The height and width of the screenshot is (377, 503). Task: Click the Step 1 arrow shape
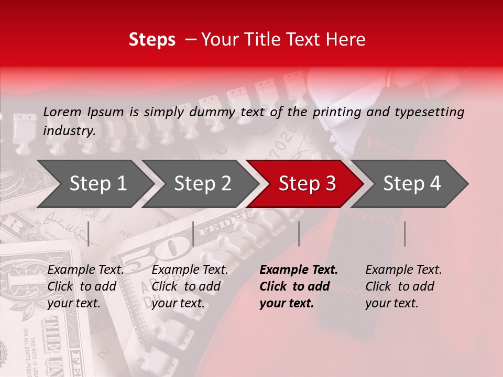[x=97, y=184]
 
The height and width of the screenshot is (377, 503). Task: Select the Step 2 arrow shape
[x=202, y=184]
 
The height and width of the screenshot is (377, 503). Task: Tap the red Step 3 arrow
[x=307, y=184]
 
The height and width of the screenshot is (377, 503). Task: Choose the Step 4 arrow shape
[x=411, y=184]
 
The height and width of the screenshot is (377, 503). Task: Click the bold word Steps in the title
[x=152, y=40]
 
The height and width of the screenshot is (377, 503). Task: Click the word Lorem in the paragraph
[x=62, y=112]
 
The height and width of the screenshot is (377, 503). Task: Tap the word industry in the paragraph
[x=69, y=130]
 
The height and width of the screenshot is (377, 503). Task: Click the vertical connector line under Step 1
[x=89, y=234]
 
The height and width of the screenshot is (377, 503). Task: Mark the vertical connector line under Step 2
[x=193, y=234]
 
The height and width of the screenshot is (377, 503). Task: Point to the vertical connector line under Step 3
[x=299, y=234]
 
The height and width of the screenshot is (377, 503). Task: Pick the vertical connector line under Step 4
[x=404, y=234]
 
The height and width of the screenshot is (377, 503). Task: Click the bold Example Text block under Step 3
[x=299, y=286]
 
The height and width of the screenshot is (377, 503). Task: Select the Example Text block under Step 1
[x=85, y=286]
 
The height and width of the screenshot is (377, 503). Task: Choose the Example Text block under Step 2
[x=190, y=286]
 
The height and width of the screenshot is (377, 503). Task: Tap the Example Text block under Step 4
[x=403, y=286]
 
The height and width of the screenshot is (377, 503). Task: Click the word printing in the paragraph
[x=335, y=112]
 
